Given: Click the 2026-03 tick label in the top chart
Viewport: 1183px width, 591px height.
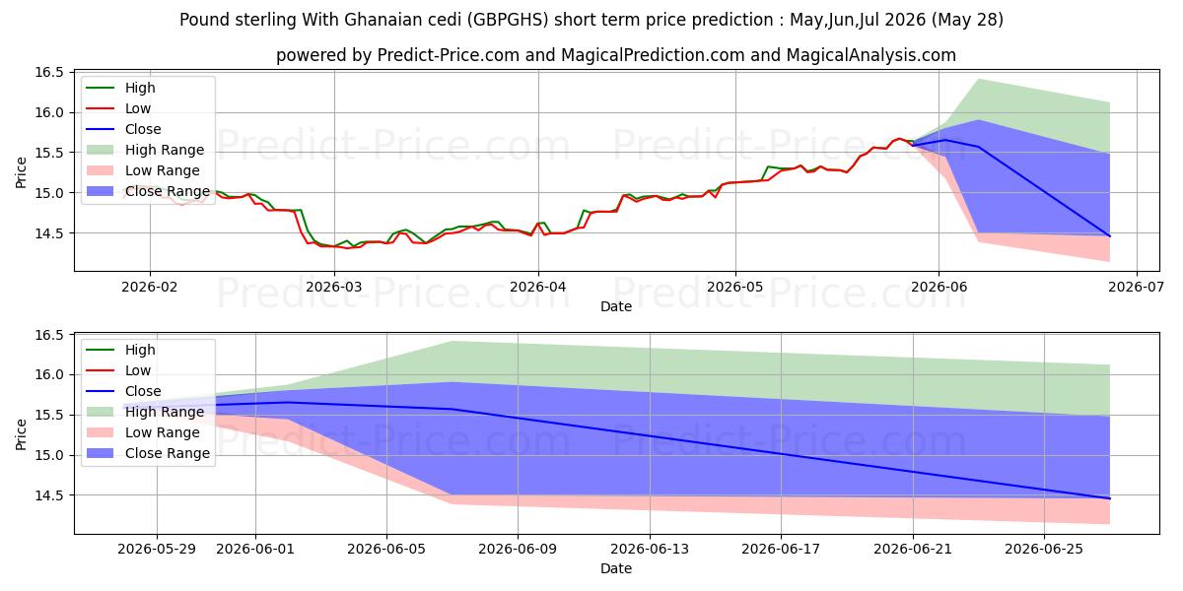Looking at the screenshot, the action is coord(334,287).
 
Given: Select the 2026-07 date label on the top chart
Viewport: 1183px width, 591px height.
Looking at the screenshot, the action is coord(1136,287).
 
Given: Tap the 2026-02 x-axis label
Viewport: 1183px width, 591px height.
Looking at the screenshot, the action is coord(150,287).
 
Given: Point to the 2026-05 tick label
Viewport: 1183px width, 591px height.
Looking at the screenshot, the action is coord(735,287).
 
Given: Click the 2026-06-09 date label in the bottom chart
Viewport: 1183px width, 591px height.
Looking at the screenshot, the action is coord(518,550).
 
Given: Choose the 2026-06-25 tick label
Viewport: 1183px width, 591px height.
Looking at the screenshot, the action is coord(1044,550).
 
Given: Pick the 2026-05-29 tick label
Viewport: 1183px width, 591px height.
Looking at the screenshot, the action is coord(157,550).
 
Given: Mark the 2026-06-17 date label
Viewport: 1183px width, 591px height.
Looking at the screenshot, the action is coord(781,550).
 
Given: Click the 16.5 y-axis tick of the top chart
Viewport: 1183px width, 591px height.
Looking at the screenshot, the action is coord(49,72).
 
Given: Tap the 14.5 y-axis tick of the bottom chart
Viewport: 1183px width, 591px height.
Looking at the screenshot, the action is coord(49,495).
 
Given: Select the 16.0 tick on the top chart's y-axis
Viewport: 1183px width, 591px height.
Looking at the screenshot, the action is coord(49,112).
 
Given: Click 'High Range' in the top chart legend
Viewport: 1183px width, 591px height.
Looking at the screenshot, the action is coord(165,150).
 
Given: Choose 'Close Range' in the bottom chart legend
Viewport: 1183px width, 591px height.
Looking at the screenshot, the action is coord(168,453).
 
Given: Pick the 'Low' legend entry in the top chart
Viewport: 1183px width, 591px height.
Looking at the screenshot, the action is coord(138,108).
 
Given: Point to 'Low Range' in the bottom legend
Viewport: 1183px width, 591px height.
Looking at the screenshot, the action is coord(162,432).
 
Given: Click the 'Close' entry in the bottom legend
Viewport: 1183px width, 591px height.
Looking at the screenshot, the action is coord(143,392).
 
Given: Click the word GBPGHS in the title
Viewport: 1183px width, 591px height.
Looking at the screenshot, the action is coord(508,20).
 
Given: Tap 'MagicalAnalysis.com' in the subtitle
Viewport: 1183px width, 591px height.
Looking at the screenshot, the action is coord(871,55).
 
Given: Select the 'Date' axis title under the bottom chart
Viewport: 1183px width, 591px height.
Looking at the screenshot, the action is coord(616,569).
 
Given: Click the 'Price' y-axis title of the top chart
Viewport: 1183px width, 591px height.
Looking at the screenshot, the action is coord(21,172).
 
